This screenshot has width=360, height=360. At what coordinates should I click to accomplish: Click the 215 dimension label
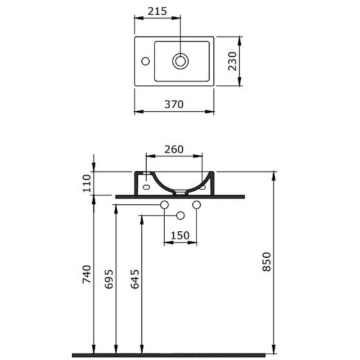[157, 12]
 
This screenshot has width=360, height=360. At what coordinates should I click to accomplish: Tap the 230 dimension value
[233, 61]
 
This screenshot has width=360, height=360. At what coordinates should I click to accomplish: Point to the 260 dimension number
[174, 149]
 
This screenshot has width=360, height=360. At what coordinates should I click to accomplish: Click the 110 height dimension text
[87, 183]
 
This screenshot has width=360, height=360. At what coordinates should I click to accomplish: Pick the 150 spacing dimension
[180, 235]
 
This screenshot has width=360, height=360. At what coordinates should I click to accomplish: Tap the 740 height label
[87, 274]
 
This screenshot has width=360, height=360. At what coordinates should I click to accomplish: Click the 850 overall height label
[267, 261]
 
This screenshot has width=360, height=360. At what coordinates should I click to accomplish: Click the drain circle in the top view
[180, 61]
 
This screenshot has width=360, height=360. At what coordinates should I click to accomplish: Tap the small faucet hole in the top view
[145, 61]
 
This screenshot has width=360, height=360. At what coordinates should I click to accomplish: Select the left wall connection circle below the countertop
[164, 205]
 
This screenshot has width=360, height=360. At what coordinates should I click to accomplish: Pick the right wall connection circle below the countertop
[196, 205]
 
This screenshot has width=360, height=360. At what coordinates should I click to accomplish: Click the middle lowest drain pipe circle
[180, 216]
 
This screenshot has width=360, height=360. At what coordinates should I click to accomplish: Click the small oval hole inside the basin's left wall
[147, 186]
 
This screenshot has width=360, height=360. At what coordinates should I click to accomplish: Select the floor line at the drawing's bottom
[169, 355]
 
